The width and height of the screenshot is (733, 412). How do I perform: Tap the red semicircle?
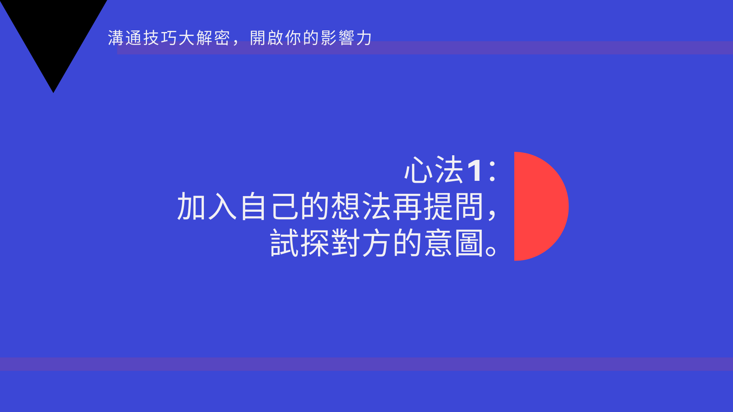[538, 206]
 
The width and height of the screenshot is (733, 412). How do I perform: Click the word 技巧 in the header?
[160, 38]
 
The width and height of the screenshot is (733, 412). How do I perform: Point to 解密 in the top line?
[213, 38]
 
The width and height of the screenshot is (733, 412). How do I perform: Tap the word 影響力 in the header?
[346, 38]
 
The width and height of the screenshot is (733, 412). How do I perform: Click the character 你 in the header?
[293, 38]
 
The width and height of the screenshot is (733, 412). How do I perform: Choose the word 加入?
[207, 206]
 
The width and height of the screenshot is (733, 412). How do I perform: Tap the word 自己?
[270, 206]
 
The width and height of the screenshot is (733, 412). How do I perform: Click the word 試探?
[300, 243]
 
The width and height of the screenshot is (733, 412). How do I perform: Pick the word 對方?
[361, 243]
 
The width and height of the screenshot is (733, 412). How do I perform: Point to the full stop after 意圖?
[491, 251]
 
